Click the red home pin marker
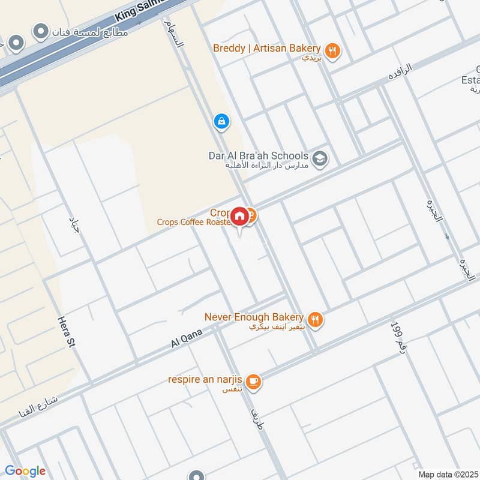point(239,217)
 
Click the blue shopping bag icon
point(221,121)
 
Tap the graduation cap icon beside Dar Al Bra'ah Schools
point(320,158)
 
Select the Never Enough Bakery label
point(254,316)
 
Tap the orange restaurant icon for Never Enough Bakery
point(315,320)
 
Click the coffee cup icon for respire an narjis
point(254,381)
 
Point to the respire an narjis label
point(207,380)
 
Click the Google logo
point(25,471)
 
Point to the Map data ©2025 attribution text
point(446,474)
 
